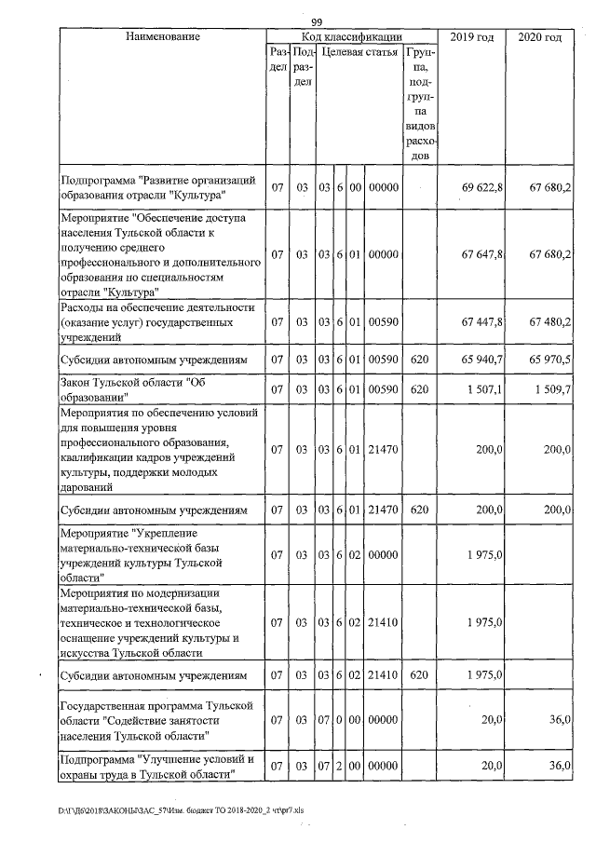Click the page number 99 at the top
[x=316, y=21]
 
